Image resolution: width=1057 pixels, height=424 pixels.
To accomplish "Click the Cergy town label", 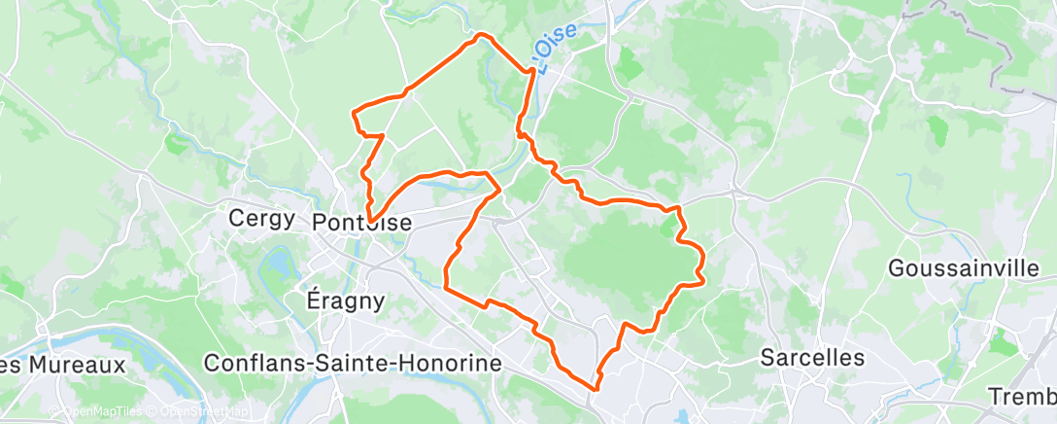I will click(261, 218).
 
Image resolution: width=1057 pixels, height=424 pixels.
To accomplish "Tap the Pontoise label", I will click(362, 223).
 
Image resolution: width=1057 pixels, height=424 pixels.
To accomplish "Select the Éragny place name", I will click(345, 300).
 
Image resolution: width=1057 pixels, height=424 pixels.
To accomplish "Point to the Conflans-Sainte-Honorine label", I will click(353, 363).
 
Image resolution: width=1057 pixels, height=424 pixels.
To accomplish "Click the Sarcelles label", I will click(812, 357).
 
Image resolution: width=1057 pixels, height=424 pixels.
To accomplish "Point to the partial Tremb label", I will click(1021, 397).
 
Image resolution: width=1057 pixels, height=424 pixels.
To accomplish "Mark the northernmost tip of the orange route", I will click(481, 34).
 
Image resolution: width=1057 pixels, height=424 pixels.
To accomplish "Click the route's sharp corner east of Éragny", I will click(445, 287).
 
